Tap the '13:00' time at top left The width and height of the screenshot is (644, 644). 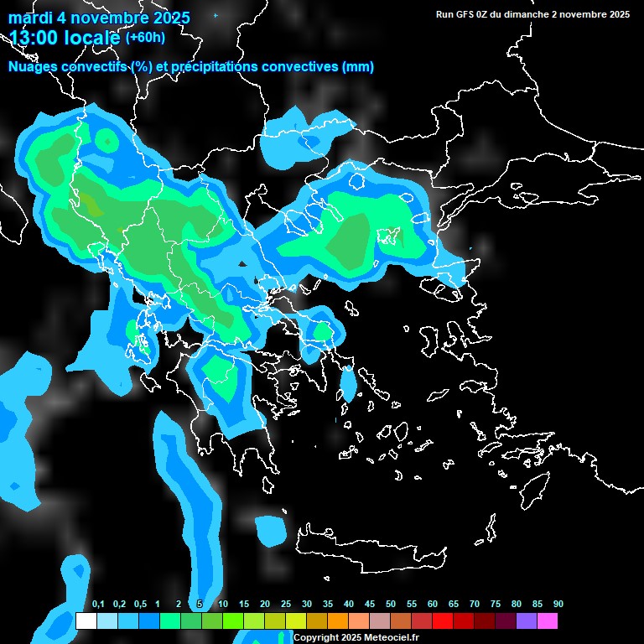tap(34, 38)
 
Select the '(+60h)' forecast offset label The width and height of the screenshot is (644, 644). tap(145, 38)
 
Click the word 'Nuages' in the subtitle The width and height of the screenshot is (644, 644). tap(33, 67)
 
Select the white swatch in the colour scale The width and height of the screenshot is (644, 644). tap(86, 621)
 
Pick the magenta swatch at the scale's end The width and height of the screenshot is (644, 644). tap(548, 621)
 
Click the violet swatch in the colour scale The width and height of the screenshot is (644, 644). tap(527, 621)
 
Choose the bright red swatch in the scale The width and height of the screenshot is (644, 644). tap(443, 621)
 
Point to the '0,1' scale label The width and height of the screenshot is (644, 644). tap(98, 605)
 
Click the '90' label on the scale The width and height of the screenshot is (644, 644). tap(558, 605)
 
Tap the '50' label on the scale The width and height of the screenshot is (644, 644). tap(391, 605)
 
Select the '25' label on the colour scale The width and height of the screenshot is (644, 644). tap(286, 605)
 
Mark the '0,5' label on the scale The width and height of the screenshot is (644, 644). tap(140, 605)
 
